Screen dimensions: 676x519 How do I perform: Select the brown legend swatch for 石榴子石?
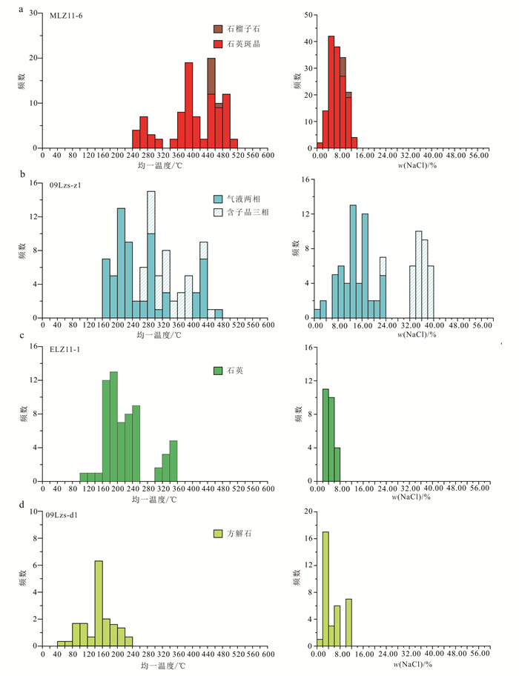pyautogui.click(x=218, y=30)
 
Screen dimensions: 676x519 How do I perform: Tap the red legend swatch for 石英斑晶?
pyautogui.click(x=218, y=44)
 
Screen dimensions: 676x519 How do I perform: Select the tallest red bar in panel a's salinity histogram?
pyautogui.click(x=331, y=92)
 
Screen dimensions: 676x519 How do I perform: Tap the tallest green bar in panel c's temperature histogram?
pyautogui.click(x=113, y=426)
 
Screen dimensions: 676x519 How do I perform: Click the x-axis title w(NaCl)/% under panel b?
pyautogui.click(x=403, y=334)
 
